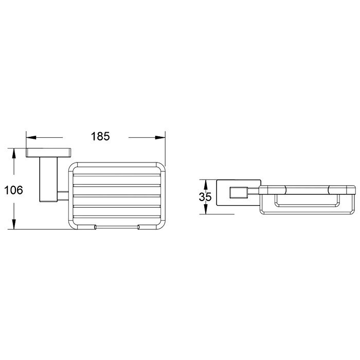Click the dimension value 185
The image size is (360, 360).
(x=101, y=137)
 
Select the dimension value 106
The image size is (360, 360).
(x=13, y=190)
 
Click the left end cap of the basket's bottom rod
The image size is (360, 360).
(x=95, y=226)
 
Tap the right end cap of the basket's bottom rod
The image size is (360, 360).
(x=138, y=226)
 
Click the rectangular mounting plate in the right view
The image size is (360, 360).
(x=222, y=197)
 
